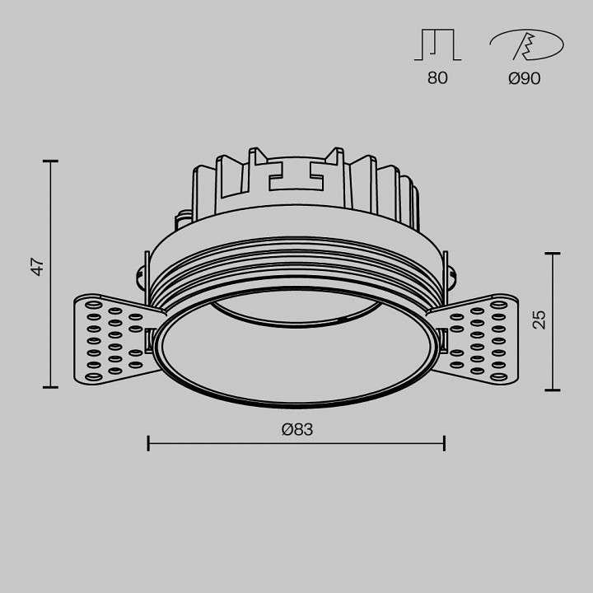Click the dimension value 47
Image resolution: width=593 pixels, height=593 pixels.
click(x=36, y=267)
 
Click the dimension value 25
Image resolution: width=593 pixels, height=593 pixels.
click(x=539, y=320)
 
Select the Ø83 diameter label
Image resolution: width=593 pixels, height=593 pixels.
click(x=297, y=429)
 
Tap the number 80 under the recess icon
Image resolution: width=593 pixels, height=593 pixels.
click(x=437, y=80)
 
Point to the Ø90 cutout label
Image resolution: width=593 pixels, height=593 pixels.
click(x=525, y=80)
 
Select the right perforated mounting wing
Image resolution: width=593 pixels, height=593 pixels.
click(x=478, y=339)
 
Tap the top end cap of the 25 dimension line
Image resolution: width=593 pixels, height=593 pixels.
click(x=551, y=254)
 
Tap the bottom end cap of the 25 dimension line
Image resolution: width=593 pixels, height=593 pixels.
click(x=551, y=390)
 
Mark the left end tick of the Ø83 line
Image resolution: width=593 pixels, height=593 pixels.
click(x=148, y=443)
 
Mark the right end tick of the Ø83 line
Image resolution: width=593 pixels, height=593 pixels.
click(x=445, y=443)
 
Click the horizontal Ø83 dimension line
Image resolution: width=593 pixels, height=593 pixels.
click(x=296, y=444)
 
